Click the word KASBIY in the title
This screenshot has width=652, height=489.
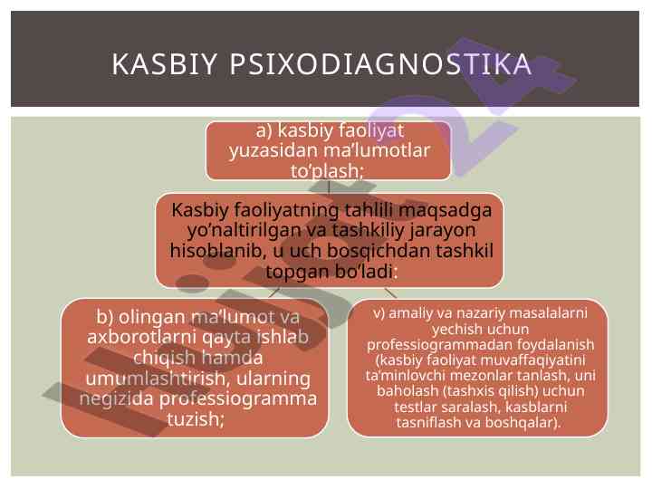pyautogui.click(x=164, y=64)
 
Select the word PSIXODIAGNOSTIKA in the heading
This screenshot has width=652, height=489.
pyautogui.click(x=380, y=64)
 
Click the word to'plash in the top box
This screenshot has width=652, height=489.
pyautogui.click(x=325, y=171)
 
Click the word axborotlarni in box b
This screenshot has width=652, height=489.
pyautogui.click(x=142, y=336)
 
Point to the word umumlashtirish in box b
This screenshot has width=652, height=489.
pyautogui.click(x=156, y=378)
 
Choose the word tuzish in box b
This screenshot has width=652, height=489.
pyautogui.click(x=195, y=418)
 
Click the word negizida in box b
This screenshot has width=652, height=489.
pyautogui.click(x=116, y=399)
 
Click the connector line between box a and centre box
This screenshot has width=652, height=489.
pyautogui.click(x=329, y=187)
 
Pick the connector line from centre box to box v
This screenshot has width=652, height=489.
pyautogui.click(x=390, y=292)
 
